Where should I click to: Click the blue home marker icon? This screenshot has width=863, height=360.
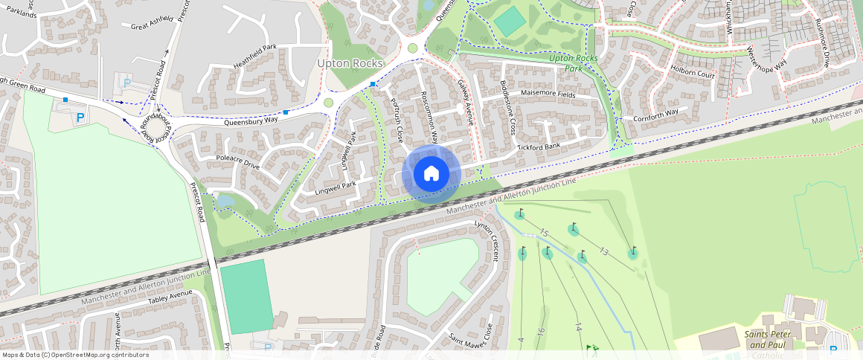[431, 174]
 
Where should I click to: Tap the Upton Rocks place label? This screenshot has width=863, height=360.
[350, 64]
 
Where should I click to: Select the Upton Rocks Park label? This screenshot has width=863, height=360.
[574, 62]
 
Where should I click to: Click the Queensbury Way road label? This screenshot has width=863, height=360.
[251, 119]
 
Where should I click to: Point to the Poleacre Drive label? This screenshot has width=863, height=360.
[237, 162]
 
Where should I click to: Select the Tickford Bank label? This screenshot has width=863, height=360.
[539, 147]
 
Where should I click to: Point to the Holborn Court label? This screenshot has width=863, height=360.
[692, 75]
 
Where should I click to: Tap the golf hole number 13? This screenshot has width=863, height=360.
[604, 252]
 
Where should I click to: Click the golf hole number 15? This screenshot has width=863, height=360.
[544, 234]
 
